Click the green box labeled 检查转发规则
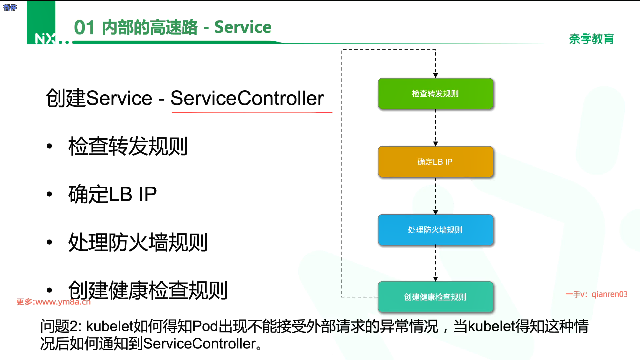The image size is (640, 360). point(435,93)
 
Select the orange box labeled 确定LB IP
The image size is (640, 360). point(435,162)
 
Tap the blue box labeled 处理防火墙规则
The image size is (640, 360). point(435,230)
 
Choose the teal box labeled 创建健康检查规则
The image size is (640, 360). point(435,297)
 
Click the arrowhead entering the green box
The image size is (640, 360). point(435,76)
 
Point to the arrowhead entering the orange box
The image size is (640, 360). point(435,144)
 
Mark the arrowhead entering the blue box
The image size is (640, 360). point(435,212)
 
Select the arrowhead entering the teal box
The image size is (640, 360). point(435,279)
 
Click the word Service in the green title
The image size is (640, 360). point(243,27)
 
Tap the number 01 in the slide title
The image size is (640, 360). point(84,27)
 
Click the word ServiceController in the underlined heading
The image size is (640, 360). point(247,98)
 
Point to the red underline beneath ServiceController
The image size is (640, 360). point(252,112)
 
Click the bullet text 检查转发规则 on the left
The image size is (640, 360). point(128,146)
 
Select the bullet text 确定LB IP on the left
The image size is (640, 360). point(112,194)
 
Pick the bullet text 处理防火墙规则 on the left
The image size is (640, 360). point(138,242)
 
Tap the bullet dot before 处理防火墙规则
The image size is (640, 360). point(50,242)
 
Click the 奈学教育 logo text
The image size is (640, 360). point(591,39)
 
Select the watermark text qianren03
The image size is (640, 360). point(609,294)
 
